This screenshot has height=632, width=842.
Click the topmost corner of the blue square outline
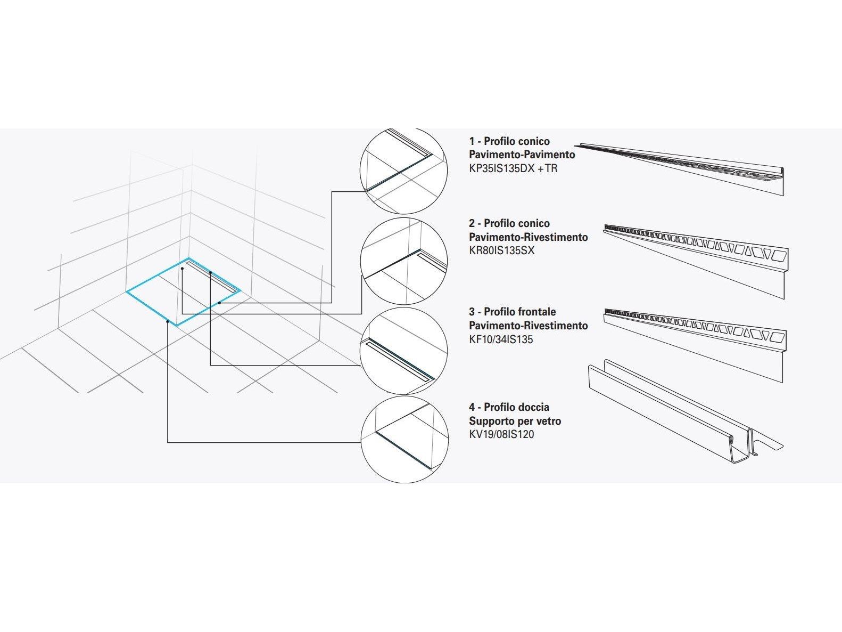click(188, 258)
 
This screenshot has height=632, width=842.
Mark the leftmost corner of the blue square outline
click(126, 292)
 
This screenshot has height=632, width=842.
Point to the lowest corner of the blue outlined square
click(177, 325)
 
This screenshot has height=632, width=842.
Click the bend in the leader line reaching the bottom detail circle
click(168, 443)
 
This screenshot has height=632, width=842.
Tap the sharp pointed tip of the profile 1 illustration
click(574, 145)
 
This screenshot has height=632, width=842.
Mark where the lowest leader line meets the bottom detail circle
click(361, 443)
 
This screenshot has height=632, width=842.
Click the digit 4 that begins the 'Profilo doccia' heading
click(472, 407)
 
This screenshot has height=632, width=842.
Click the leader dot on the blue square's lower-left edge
click(168, 321)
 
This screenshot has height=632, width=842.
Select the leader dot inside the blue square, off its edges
click(182, 269)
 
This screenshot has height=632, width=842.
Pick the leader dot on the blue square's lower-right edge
click(219, 303)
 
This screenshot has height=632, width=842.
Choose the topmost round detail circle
click(403, 171)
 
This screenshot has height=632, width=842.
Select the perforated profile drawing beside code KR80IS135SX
click(696, 262)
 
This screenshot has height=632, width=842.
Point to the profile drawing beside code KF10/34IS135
click(695, 345)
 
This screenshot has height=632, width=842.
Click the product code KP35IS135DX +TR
click(513, 168)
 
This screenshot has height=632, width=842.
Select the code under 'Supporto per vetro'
click(501, 434)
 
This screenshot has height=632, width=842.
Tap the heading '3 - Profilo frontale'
click(512, 312)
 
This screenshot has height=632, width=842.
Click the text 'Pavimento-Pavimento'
click(522, 155)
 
